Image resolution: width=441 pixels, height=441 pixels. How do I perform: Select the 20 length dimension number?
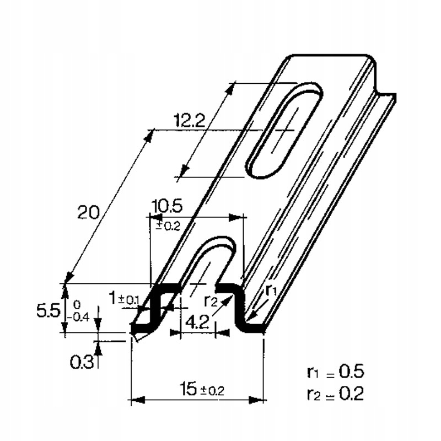[89, 212]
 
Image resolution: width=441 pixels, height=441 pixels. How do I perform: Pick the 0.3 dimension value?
[81, 362]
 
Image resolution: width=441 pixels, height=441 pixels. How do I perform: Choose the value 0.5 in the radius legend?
[352, 371]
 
